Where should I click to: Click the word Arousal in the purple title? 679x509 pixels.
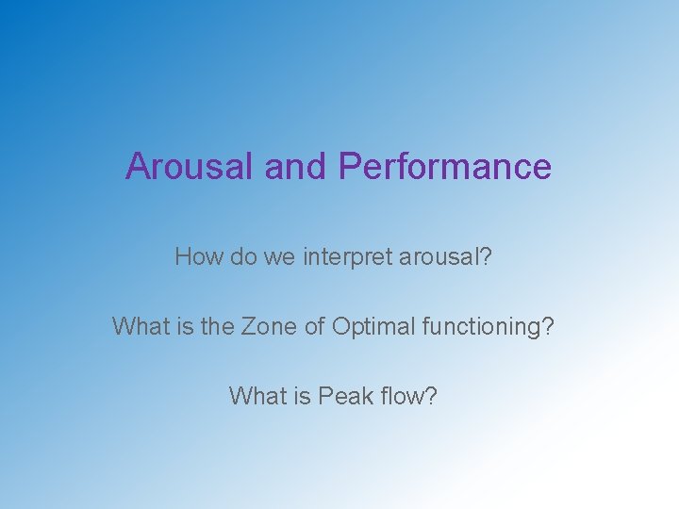point(190,166)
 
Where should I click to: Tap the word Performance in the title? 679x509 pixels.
point(444,166)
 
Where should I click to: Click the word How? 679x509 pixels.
point(196,256)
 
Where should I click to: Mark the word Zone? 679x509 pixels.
point(268,326)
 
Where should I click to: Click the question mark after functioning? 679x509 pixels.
point(547,326)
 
